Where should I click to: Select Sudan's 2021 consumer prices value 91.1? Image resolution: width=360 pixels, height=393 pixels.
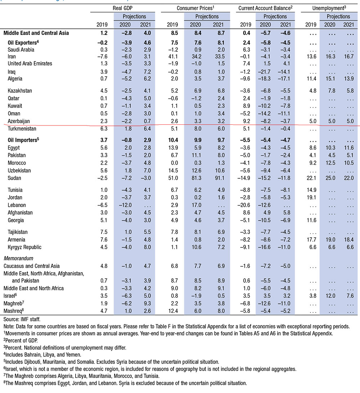click(219, 178)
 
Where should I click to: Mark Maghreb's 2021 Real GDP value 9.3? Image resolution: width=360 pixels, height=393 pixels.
click(145, 303)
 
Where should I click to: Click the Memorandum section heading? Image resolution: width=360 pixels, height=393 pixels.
click(18, 258)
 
